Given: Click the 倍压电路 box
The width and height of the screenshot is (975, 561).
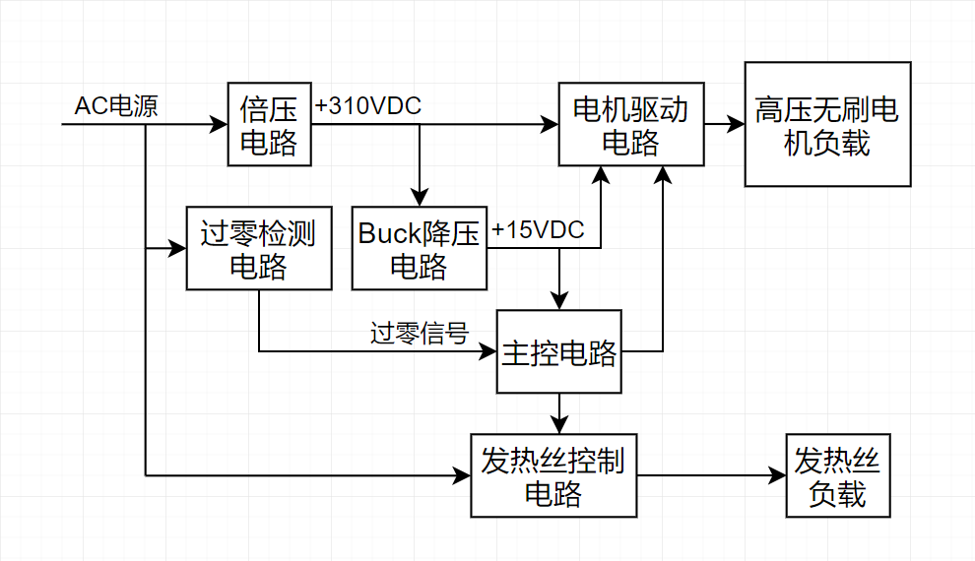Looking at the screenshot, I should [x=269, y=125].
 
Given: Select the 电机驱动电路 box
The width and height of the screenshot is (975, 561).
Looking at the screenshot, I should [x=631, y=125].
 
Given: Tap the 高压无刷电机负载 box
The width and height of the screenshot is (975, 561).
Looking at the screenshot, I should [x=826, y=125].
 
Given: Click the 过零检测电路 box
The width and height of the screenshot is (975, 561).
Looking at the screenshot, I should [x=259, y=248].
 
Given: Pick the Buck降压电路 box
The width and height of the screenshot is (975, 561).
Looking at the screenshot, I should [x=420, y=248].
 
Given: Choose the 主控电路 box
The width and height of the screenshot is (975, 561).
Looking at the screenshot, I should [x=559, y=351].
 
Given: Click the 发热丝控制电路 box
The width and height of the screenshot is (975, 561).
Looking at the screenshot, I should [x=552, y=475].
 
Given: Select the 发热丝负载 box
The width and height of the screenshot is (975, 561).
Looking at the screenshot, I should [x=837, y=475].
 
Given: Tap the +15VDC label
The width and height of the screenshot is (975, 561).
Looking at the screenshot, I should [x=538, y=230].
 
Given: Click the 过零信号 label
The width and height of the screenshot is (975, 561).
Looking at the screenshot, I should [x=419, y=334].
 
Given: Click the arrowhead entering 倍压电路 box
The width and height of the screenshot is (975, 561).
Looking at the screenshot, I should [x=220, y=125].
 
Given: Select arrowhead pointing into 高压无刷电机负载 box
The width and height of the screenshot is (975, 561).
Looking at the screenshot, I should [x=736, y=125].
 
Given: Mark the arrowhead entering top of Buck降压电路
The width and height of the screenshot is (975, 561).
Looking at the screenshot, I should [x=420, y=199].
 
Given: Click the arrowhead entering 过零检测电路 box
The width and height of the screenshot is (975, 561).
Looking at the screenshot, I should [x=178, y=248].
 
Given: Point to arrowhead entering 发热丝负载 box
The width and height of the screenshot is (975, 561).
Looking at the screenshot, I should [x=777, y=475].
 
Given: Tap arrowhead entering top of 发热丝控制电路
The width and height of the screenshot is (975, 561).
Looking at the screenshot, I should [x=559, y=425].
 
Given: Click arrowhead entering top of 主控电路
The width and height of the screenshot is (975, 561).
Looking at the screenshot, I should [x=559, y=301].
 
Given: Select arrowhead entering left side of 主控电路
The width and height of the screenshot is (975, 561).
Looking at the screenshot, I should [x=488, y=351].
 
